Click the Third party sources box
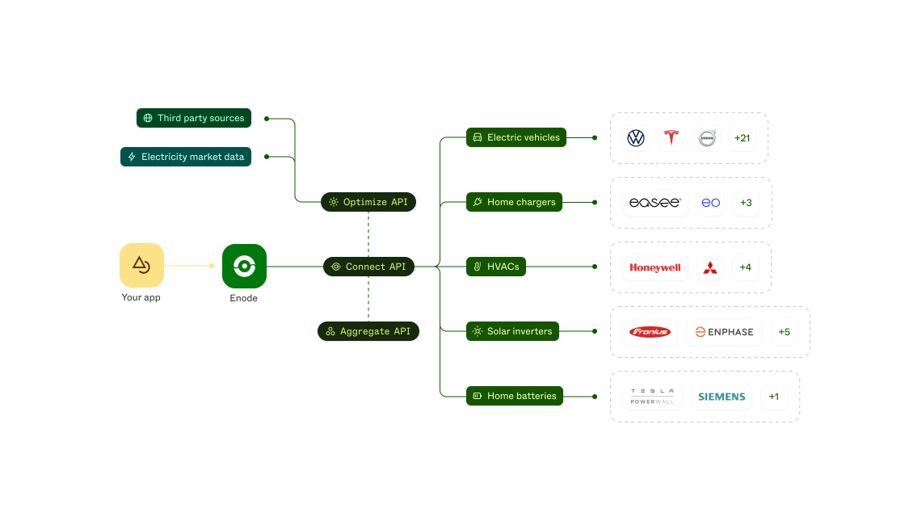(193, 118)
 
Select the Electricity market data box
(185, 157)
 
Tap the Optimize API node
(368, 202)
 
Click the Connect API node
(369, 267)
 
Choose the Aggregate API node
(368, 331)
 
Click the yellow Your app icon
(141, 266)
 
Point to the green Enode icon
(244, 266)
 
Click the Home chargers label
(514, 202)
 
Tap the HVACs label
(495, 267)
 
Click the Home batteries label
(514, 396)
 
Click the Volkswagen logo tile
(636, 138)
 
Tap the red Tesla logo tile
(671, 138)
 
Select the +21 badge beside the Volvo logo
(742, 138)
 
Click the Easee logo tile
(655, 203)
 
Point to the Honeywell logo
(655, 267)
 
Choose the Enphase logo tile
(724, 332)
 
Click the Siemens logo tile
(722, 397)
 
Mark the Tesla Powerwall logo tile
(652, 397)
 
